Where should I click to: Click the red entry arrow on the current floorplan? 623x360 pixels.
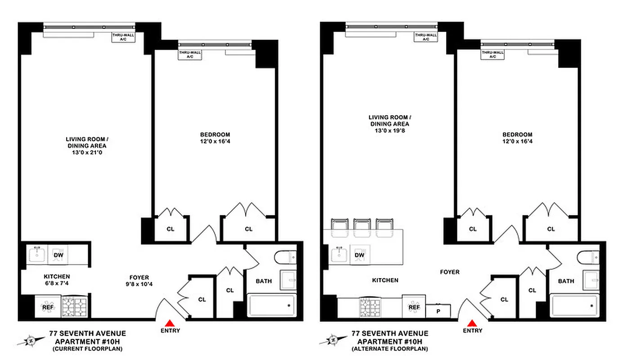click(170, 323)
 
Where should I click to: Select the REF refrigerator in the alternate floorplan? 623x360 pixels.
click(413, 307)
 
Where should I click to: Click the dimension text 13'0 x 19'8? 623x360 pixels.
click(389, 131)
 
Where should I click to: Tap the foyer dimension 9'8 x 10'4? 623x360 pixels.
click(138, 284)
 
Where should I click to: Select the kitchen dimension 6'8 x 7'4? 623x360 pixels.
click(57, 283)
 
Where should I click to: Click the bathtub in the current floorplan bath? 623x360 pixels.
click(271, 306)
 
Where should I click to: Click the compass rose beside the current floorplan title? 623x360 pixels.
click(28, 341)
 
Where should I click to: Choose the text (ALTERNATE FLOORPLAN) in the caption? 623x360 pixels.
click(390, 349)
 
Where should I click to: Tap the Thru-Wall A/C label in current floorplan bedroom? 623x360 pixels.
click(190, 54)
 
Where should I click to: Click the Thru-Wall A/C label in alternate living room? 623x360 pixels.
click(426, 37)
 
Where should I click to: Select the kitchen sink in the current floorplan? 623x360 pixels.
click(37, 255)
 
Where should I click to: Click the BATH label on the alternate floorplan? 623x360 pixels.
click(566, 281)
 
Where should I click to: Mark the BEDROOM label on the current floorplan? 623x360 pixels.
click(215, 135)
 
